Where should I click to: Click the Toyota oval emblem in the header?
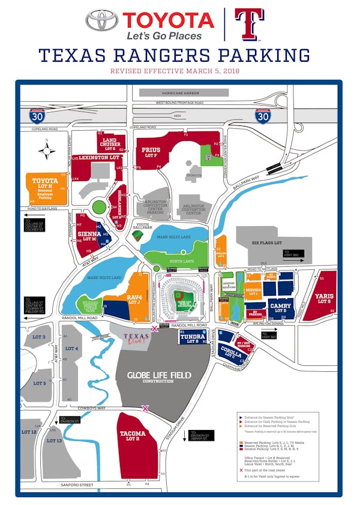click(x=101, y=20)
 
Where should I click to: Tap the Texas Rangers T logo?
click(x=248, y=23)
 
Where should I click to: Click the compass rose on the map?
click(x=47, y=147)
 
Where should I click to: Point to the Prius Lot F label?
click(x=151, y=152)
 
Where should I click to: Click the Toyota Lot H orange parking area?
click(x=46, y=187)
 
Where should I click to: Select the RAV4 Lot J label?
click(x=134, y=299)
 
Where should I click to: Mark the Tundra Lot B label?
click(x=193, y=338)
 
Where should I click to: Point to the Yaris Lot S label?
click(x=324, y=297)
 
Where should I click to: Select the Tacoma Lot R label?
click(x=132, y=435)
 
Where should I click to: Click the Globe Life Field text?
click(x=159, y=375)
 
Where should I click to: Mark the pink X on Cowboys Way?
click(x=145, y=408)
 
